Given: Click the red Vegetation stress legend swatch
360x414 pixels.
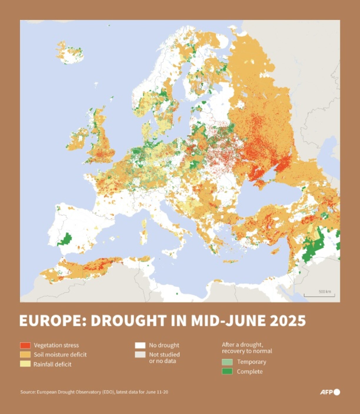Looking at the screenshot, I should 25,345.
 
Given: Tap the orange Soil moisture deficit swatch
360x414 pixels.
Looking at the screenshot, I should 25,355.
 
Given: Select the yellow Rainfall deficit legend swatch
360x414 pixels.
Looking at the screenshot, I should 25,364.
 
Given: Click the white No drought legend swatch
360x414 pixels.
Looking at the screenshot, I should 140,345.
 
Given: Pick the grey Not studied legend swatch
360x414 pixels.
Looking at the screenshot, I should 140,355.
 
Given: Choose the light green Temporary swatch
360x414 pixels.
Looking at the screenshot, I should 227,362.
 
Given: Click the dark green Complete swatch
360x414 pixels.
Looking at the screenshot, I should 227,371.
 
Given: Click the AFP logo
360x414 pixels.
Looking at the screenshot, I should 330,392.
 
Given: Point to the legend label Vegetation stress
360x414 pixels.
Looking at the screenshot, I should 56,345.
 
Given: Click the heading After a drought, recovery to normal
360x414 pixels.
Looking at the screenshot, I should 247,348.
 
